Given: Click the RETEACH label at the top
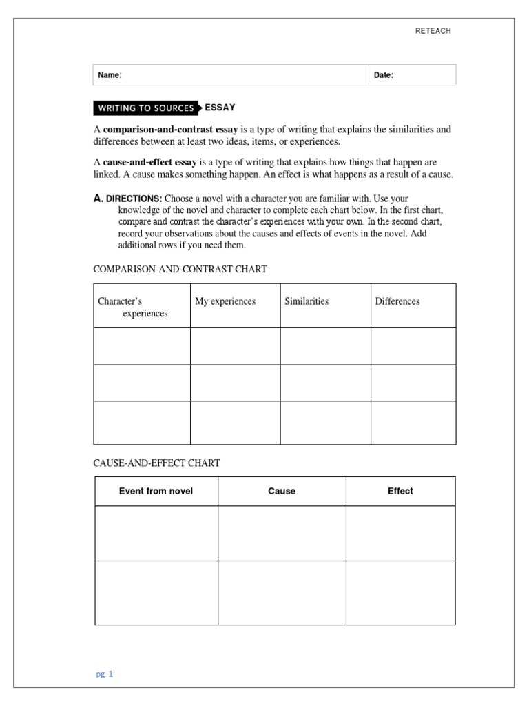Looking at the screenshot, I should point(433,31).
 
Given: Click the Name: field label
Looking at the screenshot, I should point(110,75).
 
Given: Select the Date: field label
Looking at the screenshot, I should point(384,75).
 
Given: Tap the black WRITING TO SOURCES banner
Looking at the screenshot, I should point(145,108).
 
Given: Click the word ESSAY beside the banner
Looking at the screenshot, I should point(220,108).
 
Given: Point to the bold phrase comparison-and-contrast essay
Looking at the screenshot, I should point(171,129).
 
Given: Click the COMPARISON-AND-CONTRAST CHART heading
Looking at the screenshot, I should point(180,269).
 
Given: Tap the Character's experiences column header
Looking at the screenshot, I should point(133,307).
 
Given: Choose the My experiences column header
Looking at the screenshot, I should point(225,301).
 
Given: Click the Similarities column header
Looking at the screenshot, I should point(307,301).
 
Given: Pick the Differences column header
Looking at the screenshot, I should point(397,301).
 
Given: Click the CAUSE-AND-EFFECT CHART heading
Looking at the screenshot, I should point(156,463).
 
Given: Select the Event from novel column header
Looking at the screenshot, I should point(156,491).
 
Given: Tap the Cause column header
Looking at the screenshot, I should point(282,491).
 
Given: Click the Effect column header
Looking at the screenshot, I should point(400,491).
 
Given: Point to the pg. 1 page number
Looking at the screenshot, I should point(105,674).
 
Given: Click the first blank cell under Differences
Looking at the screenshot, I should point(413,346).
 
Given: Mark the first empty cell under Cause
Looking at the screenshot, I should point(282,533).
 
